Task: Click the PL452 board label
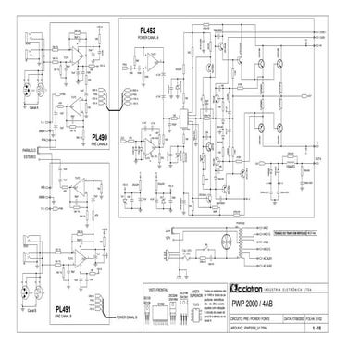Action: pyautogui.click(x=148, y=31)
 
